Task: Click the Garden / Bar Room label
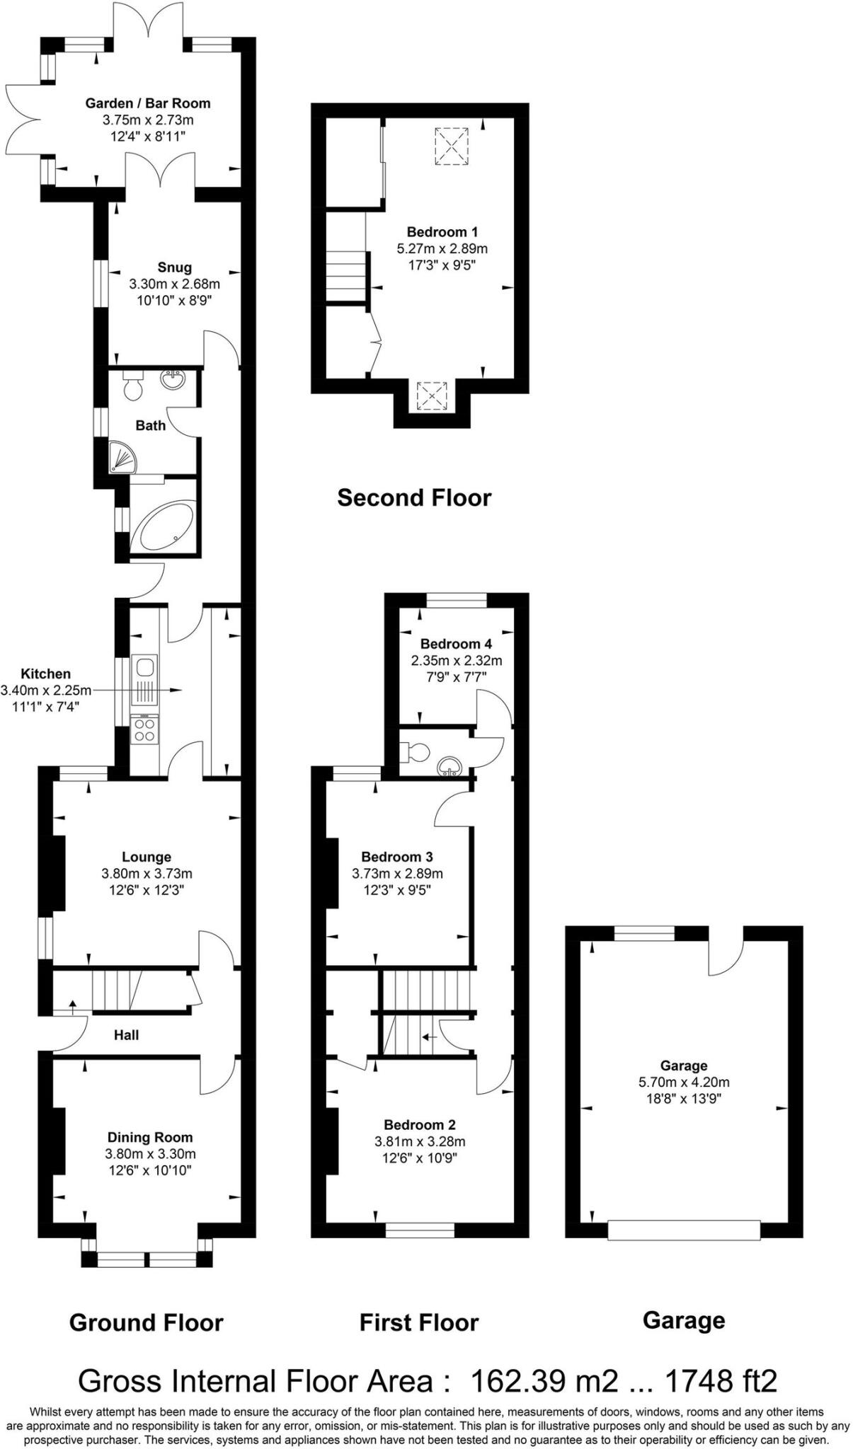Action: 147,103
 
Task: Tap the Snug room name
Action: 174,267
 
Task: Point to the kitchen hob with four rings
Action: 144,729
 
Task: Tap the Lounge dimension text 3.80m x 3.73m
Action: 147,874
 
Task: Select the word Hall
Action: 126,1035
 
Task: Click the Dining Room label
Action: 149,1137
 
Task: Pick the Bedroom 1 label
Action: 442,232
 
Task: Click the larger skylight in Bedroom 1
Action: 451,146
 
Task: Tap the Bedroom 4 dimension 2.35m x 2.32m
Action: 456,661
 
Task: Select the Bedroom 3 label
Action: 396,857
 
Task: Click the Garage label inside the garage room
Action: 683,1066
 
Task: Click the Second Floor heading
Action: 413,498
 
